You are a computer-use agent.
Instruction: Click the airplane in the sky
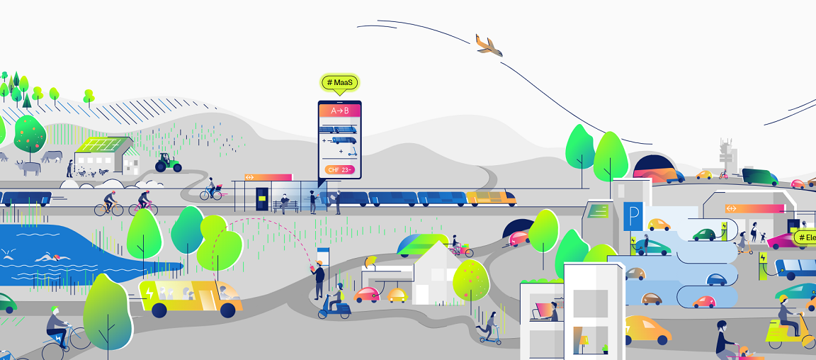pos(489,45)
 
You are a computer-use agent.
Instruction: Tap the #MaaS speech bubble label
pos(340,83)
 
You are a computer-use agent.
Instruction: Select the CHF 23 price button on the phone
pos(339,170)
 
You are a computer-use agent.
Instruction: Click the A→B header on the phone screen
pos(340,111)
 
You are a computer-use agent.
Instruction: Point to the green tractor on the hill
pos(168,164)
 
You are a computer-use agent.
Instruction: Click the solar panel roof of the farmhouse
pos(100,146)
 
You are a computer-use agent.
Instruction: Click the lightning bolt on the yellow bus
pos(150,292)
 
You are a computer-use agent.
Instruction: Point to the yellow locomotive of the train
pos(490,198)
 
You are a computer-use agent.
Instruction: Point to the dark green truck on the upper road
pos(759,176)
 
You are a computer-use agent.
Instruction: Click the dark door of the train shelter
pos(263,201)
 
